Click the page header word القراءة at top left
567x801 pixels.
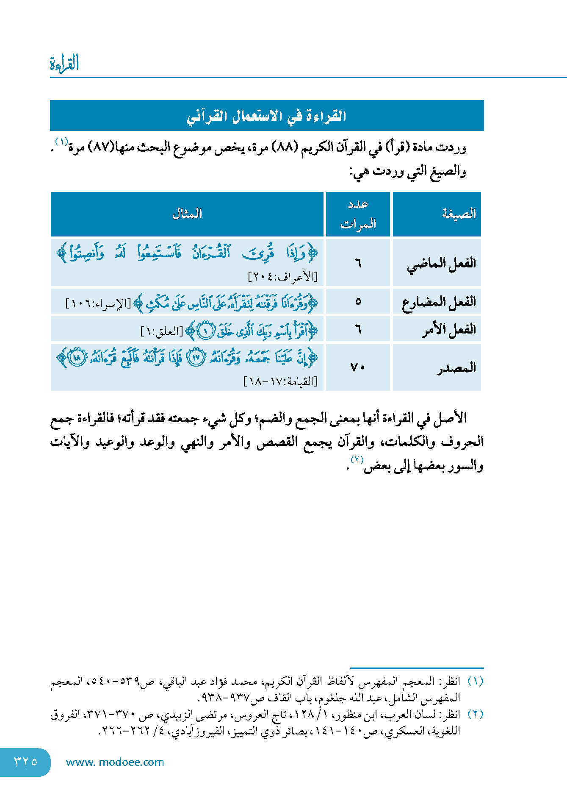pos(64,64)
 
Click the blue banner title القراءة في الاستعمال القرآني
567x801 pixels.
pos(267,116)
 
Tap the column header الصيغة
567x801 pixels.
pos(459,214)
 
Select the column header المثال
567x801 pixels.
pos(187,214)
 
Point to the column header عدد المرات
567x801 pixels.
pos(358,214)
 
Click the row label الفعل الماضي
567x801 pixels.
pos(441,264)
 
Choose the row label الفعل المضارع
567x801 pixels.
pos(439,302)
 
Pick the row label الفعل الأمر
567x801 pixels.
pos(449,329)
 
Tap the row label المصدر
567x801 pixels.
pos(456,368)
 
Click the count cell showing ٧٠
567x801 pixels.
pos(358,367)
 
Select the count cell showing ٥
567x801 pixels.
pos(358,302)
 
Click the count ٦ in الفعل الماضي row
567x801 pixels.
pos(358,263)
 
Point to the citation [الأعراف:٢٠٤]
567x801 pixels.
pos(282,277)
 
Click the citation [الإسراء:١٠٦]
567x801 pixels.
pos(98,304)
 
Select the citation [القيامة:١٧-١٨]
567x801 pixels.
pos(280,381)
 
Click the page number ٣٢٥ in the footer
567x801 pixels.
pos(25,762)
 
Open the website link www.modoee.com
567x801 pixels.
pos(115,762)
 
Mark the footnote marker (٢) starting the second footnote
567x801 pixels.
pos(475,714)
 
